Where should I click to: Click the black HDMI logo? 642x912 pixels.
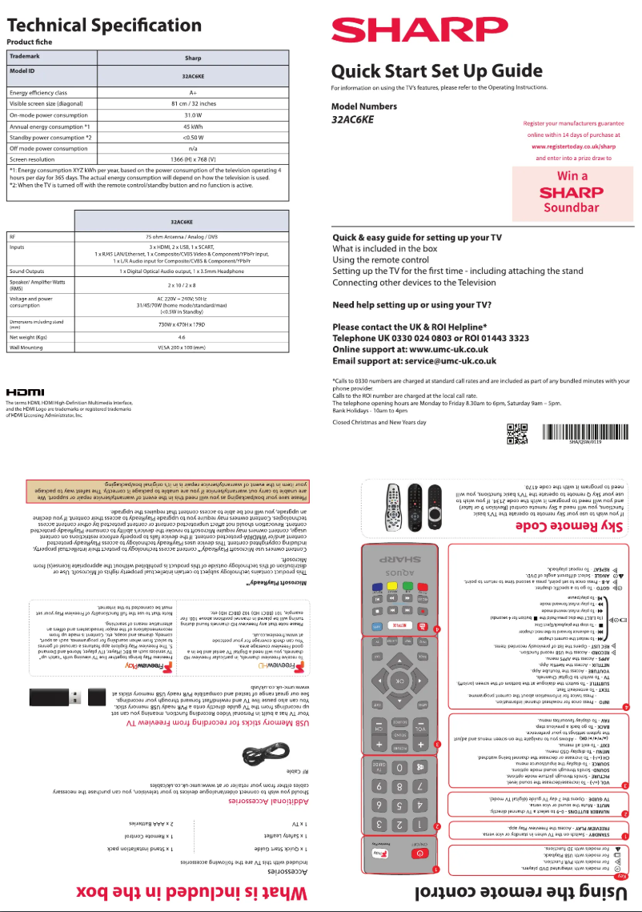(x=27, y=391)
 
